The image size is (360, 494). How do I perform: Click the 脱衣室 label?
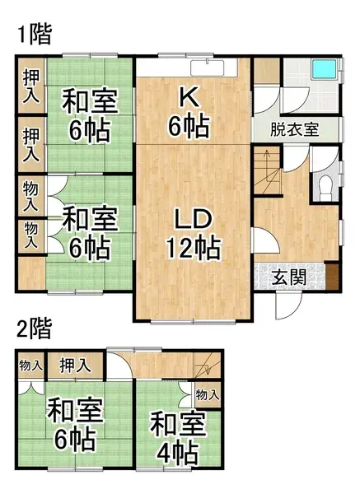pos(294,130)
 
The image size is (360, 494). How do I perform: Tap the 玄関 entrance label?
pos(288,277)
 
